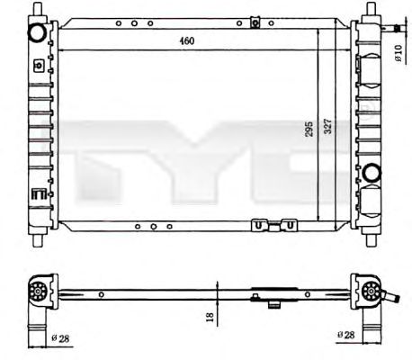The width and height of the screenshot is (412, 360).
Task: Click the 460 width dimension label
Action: click(x=187, y=40)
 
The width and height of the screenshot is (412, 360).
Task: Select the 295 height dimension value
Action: click(x=309, y=129)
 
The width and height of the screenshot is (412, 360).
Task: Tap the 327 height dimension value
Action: click(x=328, y=126)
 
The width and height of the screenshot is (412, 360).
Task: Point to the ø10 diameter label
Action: click(x=399, y=53)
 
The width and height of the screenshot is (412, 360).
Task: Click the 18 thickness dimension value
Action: click(x=210, y=317)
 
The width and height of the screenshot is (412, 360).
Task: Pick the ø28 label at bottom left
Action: click(x=60, y=338)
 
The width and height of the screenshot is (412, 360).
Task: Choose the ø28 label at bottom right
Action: click(x=345, y=335)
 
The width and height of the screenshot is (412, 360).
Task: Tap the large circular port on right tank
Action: click(x=372, y=172)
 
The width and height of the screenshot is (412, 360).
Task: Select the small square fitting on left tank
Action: click(x=39, y=65)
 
